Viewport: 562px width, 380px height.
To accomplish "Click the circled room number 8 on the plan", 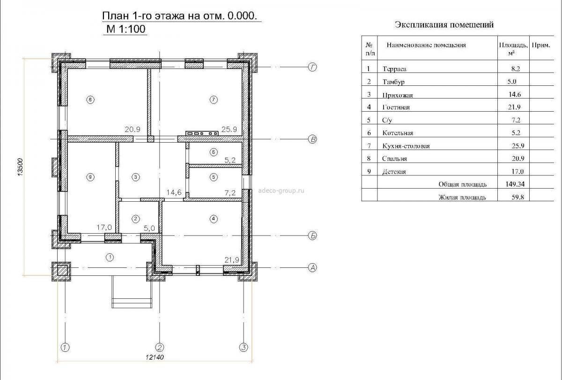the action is (90, 100).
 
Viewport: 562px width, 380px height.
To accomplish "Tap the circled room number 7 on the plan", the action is (214, 100).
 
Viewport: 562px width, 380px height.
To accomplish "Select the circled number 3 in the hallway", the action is (135, 177).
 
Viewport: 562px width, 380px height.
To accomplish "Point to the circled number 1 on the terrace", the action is (110, 257).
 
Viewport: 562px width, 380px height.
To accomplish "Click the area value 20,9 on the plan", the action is (133, 129).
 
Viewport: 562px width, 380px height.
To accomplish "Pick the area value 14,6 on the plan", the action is (174, 192).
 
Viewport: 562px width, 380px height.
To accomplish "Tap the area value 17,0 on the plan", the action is (104, 228).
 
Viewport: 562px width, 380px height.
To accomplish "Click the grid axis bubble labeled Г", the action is (312, 67).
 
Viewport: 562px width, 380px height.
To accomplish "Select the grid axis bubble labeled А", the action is (312, 268).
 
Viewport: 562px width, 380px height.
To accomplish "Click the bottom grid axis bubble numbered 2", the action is (160, 348).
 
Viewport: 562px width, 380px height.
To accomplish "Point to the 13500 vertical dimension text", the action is (20, 167).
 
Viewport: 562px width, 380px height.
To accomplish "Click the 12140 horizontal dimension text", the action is (155, 357).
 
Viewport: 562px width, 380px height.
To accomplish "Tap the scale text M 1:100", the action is (126, 29).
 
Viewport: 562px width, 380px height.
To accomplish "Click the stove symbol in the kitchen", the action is (202, 133).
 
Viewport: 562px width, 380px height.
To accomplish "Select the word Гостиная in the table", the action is (396, 107).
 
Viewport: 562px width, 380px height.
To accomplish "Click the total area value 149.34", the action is (515, 184).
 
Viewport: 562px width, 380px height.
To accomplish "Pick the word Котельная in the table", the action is (398, 133).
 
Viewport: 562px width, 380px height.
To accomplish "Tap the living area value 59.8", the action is (518, 197).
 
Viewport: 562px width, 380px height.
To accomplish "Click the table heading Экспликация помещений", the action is (444, 25).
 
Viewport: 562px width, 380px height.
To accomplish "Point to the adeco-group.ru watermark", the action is (281, 190).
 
